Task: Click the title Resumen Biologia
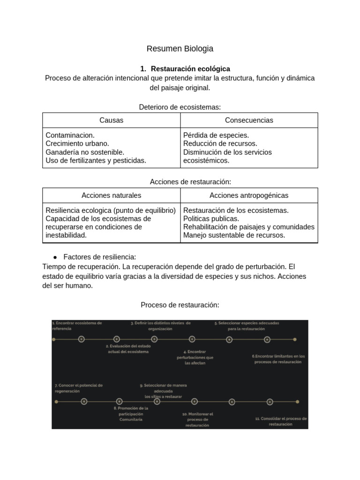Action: (x=180, y=48)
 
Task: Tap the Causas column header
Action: (x=111, y=120)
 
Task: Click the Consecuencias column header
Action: (x=249, y=120)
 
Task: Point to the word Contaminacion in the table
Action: (x=70, y=135)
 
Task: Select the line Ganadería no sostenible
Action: (x=85, y=152)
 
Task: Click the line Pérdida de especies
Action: (x=216, y=135)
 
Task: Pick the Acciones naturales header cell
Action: (x=111, y=195)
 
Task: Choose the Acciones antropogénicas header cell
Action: (x=249, y=195)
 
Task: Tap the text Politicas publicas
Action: (x=211, y=218)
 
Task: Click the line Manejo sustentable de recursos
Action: (x=234, y=235)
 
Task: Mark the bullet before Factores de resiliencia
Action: (x=55, y=257)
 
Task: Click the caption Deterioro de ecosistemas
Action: (x=180, y=107)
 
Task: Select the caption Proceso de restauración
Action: (x=180, y=305)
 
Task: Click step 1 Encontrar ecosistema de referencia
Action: (x=77, y=326)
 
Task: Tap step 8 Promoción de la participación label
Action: (x=131, y=414)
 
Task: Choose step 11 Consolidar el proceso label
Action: (x=280, y=421)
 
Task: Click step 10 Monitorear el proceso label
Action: (x=197, y=420)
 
